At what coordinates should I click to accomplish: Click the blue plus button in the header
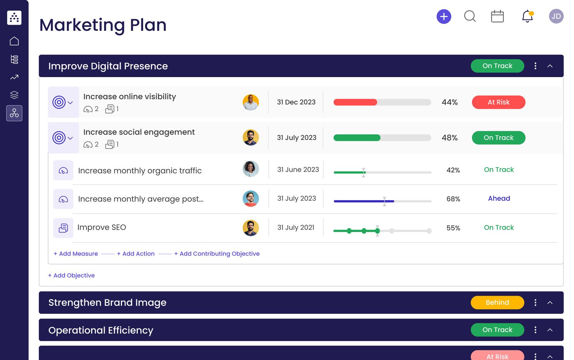[x=444, y=16]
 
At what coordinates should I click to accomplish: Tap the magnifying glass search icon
[x=470, y=16]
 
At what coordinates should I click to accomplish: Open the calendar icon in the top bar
[x=497, y=16]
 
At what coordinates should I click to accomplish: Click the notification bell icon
[x=527, y=16]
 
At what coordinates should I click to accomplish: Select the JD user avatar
[x=556, y=16]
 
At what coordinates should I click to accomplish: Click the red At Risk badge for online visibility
[x=498, y=102]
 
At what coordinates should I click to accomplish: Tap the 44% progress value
[x=450, y=102]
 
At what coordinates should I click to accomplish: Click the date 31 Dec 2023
[x=296, y=102]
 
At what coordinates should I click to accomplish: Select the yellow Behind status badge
[x=497, y=302]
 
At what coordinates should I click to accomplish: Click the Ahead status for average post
[x=499, y=198]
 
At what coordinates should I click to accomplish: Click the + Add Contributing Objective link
[x=217, y=254]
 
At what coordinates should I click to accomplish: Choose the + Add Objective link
[x=71, y=275]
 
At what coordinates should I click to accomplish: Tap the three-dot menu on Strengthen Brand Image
[x=535, y=302]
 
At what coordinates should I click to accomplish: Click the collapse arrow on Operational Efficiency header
[x=550, y=330]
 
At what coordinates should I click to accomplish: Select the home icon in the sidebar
[x=14, y=41]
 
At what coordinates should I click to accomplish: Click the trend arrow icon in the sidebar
[x=14, y=77]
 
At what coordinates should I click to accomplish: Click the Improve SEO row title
[x=102, y=227]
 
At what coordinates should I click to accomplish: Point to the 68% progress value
[x=453, y=199]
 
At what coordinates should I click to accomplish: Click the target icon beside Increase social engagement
[x=59, y=138]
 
